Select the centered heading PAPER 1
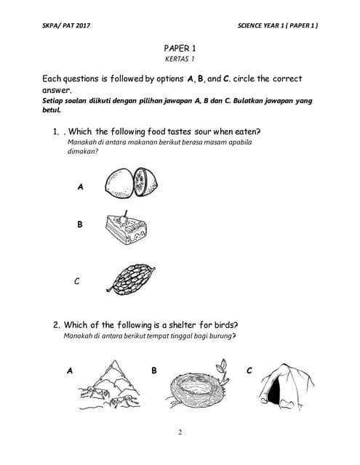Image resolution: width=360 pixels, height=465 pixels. click(180, 47)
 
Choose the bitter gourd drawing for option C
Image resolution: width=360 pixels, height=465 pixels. click(132, 277)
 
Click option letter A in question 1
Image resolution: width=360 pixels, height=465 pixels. click(80, 187)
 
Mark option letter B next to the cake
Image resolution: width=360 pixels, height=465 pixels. click(80, 225)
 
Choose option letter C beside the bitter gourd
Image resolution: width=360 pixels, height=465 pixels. click(76, 282)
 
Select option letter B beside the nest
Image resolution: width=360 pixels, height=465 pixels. click(154, 371)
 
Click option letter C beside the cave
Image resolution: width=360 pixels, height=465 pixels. click(249, 371)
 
